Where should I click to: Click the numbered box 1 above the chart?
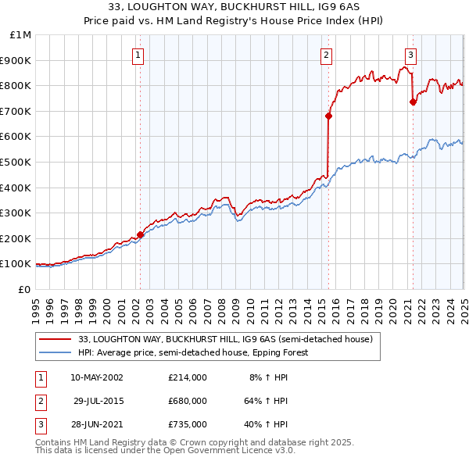(138, 55)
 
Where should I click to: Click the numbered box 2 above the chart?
(326, 55)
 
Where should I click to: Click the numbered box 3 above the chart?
(410, 55)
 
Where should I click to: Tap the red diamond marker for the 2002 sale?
(141, 234)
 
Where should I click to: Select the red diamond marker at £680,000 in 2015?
(329, 116)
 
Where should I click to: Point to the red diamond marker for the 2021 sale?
(413, 102)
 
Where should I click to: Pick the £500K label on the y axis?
(17, 162)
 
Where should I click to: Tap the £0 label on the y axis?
(24, 289)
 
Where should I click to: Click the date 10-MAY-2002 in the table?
(97, 377)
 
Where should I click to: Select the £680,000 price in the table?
(187, 401)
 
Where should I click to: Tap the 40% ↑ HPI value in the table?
(265, 424)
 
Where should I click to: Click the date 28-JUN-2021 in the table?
(97, 424)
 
